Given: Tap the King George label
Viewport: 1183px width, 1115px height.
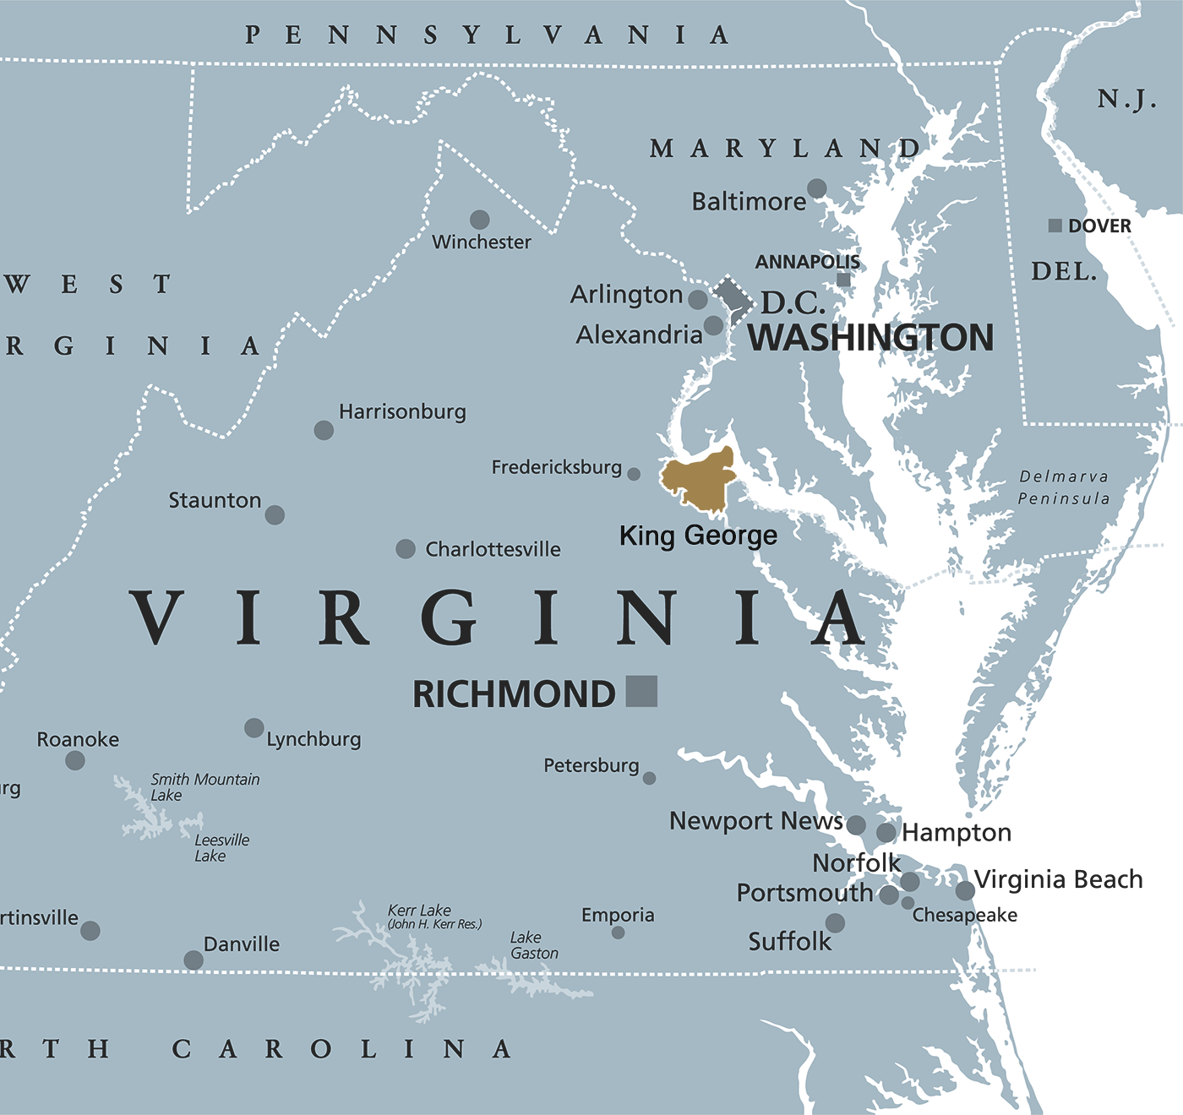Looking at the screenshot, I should (x=698, y=536).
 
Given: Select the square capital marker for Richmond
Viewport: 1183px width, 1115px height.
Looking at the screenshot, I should (x=641, y=691).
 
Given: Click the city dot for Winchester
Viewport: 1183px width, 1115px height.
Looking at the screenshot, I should (x=480, y=220).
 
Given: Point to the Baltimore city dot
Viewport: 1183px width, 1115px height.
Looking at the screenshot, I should (x=816, y=188).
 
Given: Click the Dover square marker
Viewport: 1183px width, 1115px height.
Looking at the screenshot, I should (x=1055, y=226).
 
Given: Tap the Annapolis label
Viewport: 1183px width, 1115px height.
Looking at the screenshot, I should (x=807, y=262).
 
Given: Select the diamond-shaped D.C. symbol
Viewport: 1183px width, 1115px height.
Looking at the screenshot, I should (x=733, y=298).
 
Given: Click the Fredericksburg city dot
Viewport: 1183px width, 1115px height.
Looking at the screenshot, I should (x=634, y=475).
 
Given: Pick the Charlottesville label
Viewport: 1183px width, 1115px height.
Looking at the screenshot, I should (x=493, y=549).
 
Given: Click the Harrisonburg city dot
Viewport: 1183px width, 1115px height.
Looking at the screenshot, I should (x=324, y=430).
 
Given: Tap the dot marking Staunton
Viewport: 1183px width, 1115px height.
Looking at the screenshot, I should (x=275, y=514).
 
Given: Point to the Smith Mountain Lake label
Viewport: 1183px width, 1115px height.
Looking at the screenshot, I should (x=204, y=787).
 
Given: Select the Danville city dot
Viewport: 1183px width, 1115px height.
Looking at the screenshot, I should (x=194, y=960).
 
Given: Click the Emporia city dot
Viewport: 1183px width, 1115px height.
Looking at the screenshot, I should (x=619, y=933).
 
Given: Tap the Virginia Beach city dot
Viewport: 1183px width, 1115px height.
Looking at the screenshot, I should (x=965, y=890).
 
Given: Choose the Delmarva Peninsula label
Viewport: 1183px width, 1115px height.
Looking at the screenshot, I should (x=1064, y=487).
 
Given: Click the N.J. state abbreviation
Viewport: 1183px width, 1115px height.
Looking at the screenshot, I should (x=1126, y=100).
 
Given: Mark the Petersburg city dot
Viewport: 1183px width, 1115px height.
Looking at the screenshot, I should (x=649, y=778).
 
